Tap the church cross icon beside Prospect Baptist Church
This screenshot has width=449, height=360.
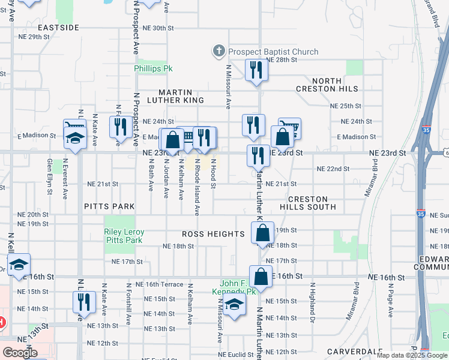(219, 52)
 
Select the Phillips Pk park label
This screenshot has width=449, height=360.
(152, 69)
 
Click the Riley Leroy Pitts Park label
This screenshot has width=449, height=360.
(124, 236)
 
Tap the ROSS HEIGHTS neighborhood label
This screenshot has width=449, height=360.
(213, 234)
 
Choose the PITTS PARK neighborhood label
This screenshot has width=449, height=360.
(109, 206)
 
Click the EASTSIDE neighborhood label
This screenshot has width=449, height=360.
(58, 28)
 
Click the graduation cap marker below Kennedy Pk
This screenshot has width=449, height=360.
(235, 304)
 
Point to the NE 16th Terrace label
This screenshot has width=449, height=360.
(159, 284)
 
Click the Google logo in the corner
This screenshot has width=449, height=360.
(19, 353)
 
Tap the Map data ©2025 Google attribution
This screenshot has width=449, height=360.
(412, 355)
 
